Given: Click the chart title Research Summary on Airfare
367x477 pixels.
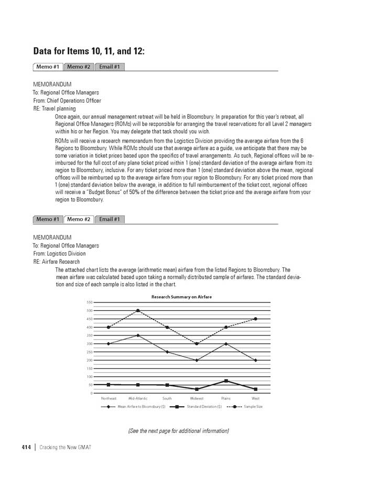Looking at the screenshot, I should [181, 297].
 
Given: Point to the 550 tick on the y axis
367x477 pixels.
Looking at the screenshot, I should [89, 302].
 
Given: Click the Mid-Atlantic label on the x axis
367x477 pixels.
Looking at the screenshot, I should [138, 398].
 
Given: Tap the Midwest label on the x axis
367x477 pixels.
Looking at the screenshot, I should [197, 398].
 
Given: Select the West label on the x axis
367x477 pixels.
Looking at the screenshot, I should [255, 398].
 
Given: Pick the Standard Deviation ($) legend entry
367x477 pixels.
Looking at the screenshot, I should [204, 406].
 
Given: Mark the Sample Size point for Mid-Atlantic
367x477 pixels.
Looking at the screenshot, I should [138, 310].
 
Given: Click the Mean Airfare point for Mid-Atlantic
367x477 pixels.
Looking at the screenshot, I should [138, 335].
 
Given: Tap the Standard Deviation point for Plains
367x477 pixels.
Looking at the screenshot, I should [226, 381].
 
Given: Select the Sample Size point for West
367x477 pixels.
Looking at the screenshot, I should [255, 319].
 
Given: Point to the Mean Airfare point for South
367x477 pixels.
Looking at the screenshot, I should [167, 352].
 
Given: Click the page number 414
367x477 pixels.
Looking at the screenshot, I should [26, 447].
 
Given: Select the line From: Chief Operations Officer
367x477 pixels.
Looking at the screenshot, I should [67, 101].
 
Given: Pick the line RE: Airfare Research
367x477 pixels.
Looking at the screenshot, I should [57, 262].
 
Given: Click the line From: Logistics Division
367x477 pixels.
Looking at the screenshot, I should [59, 254].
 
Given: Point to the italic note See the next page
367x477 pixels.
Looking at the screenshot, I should [178, 431].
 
